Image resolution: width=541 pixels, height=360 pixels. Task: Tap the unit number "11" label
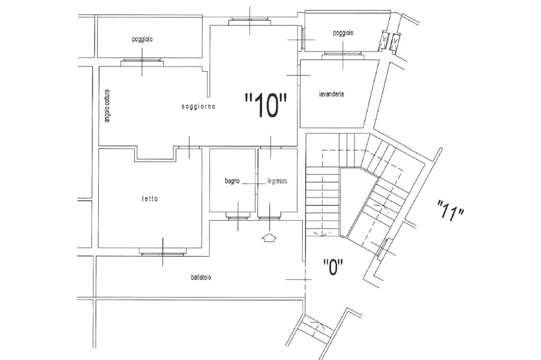[450, 210]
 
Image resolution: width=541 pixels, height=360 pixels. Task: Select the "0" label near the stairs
[333, 267]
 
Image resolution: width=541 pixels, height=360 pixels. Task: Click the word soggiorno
[199, 107]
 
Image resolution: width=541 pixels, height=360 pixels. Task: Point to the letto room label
[150, 198]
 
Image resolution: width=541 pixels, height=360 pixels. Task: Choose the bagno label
[232, 181]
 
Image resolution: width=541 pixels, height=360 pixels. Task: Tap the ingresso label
[277, 181]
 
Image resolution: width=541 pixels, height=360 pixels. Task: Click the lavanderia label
[331, 94]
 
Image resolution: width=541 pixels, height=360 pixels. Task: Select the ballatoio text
[201, 277]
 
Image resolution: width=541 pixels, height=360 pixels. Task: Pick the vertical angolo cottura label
[107, 106]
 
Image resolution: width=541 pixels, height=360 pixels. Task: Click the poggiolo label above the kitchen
[142, 39]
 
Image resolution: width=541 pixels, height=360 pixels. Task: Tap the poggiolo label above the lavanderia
[343, 33]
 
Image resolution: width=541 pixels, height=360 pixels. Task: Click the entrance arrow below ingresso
[269, 238]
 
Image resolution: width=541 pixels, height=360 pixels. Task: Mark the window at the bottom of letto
[163, 252]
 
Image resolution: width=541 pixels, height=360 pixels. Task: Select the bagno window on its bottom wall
[238, 216]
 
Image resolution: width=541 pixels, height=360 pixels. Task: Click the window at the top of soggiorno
[250, 21]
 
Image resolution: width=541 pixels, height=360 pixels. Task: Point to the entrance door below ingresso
[269, 218]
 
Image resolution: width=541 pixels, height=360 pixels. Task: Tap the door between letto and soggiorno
[189, 147]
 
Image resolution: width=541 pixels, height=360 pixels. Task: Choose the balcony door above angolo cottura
[142, 62]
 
